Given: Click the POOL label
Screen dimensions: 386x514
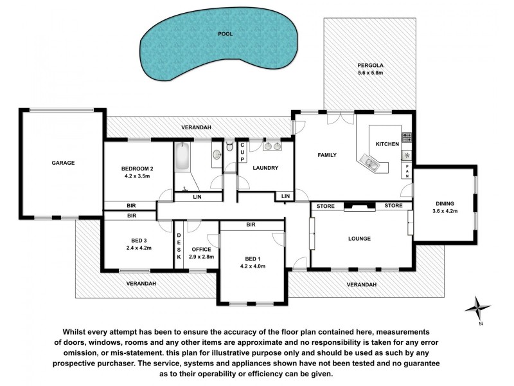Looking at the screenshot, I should pyautogui.click(x=224, y=33).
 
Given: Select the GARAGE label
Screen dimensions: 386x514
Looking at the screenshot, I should pyautogui.click(x=64, y=163).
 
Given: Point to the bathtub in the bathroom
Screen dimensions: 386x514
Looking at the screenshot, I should pyautogui.click(x=182, y=156).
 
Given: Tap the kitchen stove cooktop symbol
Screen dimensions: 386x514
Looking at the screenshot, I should pyautogui.click(x=406, y=136).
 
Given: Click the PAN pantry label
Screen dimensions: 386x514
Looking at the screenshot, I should pyautogui.click(x=407, y=170).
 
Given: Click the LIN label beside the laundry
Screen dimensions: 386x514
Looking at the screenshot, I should pyautogui.click(x=285, y=196).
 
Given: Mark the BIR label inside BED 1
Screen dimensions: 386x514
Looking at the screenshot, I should pyautogui.click(x=251, y=225).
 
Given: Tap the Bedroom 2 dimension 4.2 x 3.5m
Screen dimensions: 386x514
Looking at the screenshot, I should pyautogui.click(x=137, y=176).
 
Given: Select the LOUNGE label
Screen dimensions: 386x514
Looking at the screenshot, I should pyautogui.click(x=359, y=239).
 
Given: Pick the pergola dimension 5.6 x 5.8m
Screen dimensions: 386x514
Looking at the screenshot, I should pyautogui.click(x=369, y=73).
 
